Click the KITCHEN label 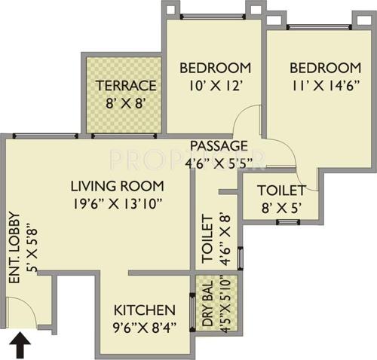145,310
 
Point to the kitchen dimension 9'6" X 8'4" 145,328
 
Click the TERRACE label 125,85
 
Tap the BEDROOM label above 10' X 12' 215,68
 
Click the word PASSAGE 219,145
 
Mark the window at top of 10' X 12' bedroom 213,17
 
